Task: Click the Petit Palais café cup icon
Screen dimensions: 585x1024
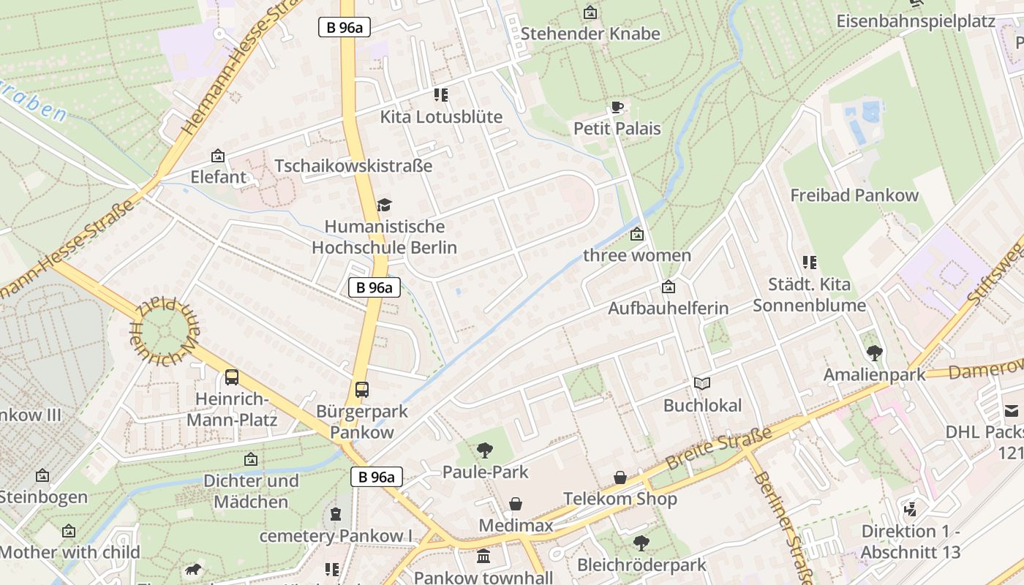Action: [617, 107]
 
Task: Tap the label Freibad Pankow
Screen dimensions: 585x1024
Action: [854, 195]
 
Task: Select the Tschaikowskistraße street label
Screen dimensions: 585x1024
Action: [353, 166]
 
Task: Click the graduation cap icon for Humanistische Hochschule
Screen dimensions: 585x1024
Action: [384, 205]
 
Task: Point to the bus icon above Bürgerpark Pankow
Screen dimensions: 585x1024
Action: [361, 389]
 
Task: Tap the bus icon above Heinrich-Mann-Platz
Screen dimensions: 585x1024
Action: [231, 377]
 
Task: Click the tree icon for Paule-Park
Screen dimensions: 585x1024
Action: [484, 450]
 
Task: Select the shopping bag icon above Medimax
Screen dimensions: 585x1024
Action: [516, 504]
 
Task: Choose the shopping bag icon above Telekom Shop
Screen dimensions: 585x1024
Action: [620, 478]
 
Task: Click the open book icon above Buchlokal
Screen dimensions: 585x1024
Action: [702, 383]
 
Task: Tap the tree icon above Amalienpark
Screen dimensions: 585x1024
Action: [874, 353]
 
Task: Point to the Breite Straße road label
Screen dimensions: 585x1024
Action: [719, 448]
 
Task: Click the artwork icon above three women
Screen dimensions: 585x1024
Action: [637, 234]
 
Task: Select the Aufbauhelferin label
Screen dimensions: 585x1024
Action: [669, 308]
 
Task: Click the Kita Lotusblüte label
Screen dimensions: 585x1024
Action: [441, 117]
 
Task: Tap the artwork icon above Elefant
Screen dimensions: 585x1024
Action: [217, 156]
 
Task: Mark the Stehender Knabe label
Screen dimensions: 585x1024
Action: [590, 34]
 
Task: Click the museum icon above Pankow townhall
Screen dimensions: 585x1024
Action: [483, 556]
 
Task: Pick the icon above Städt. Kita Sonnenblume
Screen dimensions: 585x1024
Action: [809, 262]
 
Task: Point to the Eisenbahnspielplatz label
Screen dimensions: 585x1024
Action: [916, 20]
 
